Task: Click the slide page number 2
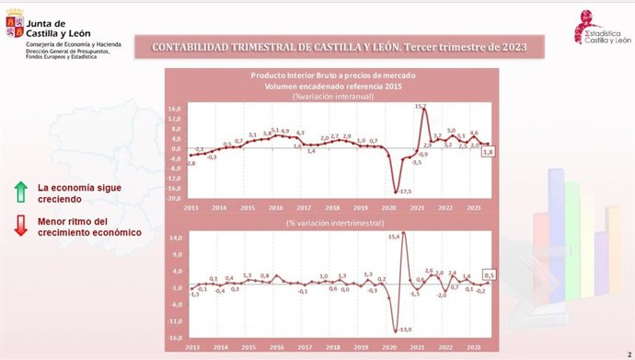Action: click(x=627, y=354)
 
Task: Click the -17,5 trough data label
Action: click(x=405, y=191)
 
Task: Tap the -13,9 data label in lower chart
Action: click(x=404, y=329)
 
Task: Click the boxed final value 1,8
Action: click(x=489, y=152)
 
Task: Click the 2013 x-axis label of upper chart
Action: click(x=191, y=207)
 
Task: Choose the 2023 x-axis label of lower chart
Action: click(x=473, y=347)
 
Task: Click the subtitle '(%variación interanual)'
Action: click(x=327, y=96)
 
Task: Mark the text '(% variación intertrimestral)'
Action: click(x=329, y=223)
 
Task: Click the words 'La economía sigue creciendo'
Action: click(x=74, y=192)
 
